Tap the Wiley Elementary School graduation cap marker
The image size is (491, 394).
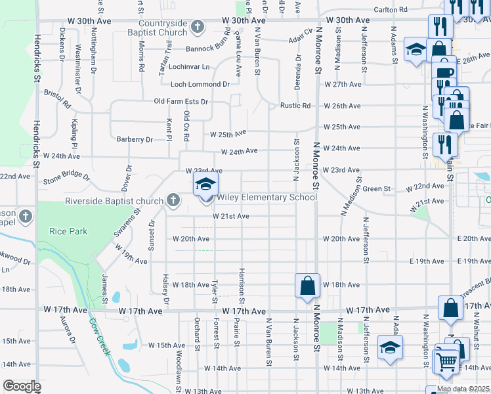coord(205,183)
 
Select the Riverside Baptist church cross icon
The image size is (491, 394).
coord(173,199)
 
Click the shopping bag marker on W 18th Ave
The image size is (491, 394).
coord(307,286)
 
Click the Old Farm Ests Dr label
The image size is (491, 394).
coord(181,102)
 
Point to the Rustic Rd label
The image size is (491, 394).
coord(295,106)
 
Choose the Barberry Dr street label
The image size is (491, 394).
coord(135,139)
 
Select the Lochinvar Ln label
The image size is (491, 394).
coord(188,67)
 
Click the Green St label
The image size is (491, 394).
coord(377,189)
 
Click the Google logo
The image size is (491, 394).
coord(22,386)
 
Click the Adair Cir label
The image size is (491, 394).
coord(302,39)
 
